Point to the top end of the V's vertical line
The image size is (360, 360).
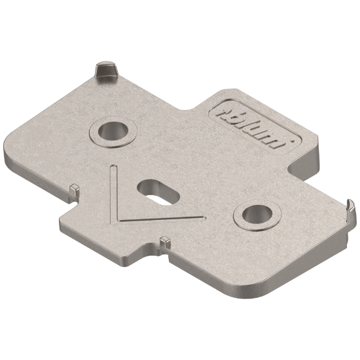pyautogui.click(x=112, y=166)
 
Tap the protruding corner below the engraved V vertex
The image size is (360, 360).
pyautogui.click(x=139, y=252)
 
